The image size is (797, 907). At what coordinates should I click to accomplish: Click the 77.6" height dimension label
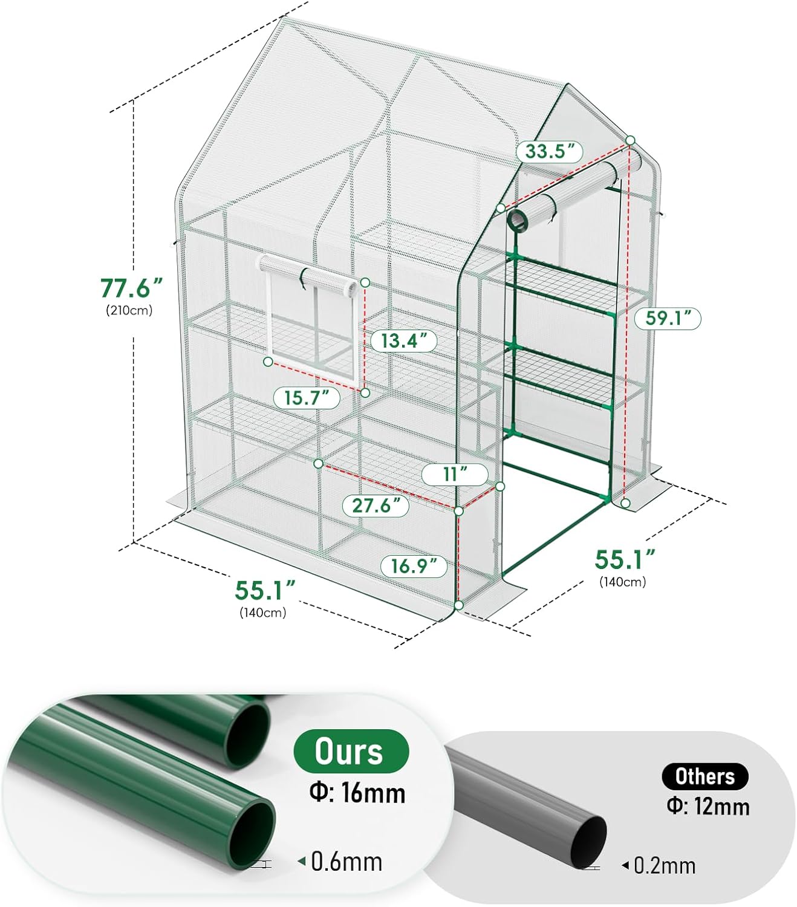pos(131,288)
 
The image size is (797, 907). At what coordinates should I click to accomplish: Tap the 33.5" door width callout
pos(549,151)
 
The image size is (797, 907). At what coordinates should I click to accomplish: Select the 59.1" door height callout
pos(667,318)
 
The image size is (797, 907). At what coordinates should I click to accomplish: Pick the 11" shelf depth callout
pos(455,474)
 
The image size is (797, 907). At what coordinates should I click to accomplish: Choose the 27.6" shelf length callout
pos(376,506)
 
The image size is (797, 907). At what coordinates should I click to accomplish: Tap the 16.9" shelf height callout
pos(414,566)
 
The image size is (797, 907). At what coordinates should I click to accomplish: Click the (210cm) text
pos(129,311)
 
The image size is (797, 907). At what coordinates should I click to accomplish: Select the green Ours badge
pos(351,751)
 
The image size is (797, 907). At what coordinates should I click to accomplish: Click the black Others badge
pos(704,776)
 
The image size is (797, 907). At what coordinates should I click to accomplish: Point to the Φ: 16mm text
pos(357,793)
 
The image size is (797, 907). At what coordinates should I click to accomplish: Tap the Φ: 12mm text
pos(708,807)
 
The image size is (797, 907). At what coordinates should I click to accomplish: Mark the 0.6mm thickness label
pos(346,862)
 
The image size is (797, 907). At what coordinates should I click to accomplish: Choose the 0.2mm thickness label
pos(665,866)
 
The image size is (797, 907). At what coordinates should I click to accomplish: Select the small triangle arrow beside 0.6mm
pos(302,861)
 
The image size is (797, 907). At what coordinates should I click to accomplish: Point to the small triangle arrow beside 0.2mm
pos(625,865)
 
